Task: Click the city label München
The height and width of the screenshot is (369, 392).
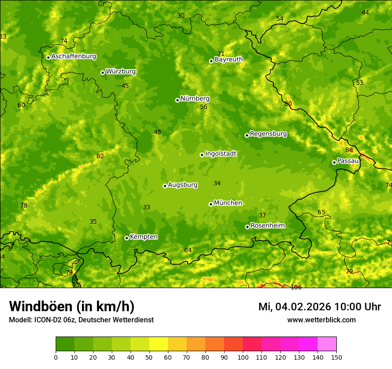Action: click(228, 203)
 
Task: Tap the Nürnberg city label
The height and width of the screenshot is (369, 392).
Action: click(195, 99)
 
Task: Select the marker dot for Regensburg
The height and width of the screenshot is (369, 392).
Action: click(247, 135)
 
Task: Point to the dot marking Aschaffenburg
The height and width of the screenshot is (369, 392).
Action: click(48, 57)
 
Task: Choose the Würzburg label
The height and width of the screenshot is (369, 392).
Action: click(121, 72)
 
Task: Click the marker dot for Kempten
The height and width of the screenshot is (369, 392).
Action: click(127, 238)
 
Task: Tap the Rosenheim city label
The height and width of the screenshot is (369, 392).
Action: click(267, 226)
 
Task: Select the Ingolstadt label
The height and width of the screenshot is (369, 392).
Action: click(220, 154)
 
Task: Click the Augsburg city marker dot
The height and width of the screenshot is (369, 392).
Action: click(165, 186)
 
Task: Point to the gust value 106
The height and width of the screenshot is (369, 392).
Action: click(296, 287)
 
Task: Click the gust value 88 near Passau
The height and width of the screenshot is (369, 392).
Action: click(349, 150)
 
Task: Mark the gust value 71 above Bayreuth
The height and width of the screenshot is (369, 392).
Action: click(221, 54)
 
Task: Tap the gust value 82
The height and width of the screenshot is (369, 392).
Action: click(100, 156)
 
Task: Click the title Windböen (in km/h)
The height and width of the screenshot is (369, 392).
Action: click(72, 306)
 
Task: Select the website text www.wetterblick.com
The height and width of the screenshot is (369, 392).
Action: click(321, 320)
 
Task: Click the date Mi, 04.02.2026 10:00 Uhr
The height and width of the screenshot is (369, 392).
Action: click(319, 307)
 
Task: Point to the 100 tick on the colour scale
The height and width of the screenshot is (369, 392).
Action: click(243, 357)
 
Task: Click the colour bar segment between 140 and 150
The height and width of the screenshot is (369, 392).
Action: click(327, 344)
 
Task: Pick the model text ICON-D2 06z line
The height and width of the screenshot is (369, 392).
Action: click(81, 320)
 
